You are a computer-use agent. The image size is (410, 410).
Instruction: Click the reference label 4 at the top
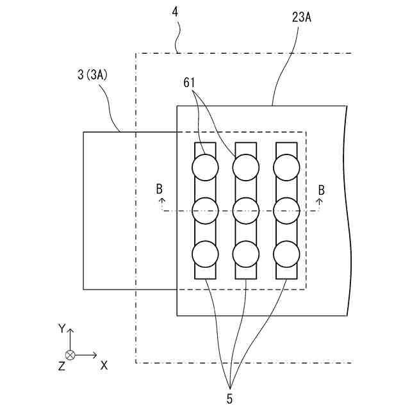click(176, 11)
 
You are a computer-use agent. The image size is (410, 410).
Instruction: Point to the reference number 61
click(189, 83)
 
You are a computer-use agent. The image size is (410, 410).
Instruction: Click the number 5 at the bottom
click(229, 398)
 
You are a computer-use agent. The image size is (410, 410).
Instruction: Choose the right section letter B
click(322, 190)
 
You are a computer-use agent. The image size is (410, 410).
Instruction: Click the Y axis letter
click(61, 328)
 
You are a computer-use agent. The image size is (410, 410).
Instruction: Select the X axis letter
click(104, 365)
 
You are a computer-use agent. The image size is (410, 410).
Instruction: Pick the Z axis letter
click(61, 366)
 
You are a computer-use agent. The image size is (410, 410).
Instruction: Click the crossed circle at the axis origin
click(70, 355)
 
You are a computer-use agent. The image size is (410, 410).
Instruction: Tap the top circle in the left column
click(205, 168)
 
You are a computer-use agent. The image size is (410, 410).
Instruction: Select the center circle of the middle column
click(245, 208)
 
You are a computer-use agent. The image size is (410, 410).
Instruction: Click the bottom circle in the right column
click(286, 254)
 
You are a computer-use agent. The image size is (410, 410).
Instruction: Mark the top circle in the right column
click(286, 168)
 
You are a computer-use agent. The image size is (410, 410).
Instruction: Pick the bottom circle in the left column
click(205, 254)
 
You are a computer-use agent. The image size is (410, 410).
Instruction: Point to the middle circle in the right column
click(286, 208)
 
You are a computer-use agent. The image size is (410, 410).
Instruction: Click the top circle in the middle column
click(245, 168)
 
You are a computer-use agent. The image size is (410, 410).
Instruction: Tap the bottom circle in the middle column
click(245, 254)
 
